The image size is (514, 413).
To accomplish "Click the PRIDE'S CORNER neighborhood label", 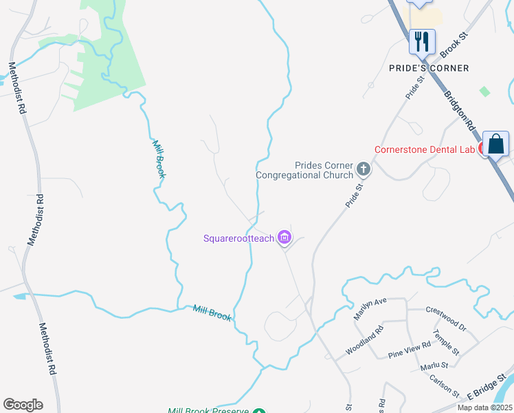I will [x=429, y=68].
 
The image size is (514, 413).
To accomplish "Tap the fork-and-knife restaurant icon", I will [x=421, y=41].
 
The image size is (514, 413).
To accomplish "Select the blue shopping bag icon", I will [x=495, y=145].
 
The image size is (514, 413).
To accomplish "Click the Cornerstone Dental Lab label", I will [x=423, y=149].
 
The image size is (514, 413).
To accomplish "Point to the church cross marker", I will [x=363, y=169].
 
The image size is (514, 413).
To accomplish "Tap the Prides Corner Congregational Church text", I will [x=304, y=170].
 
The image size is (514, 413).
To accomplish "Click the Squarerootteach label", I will [x=238, y=239].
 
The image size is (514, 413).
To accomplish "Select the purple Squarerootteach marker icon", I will [x=284, y=238].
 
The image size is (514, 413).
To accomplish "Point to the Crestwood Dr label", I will [x=446, y=319].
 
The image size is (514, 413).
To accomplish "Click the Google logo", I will [x=23, y=405].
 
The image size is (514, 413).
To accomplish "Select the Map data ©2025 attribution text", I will [x=484, y=407].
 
